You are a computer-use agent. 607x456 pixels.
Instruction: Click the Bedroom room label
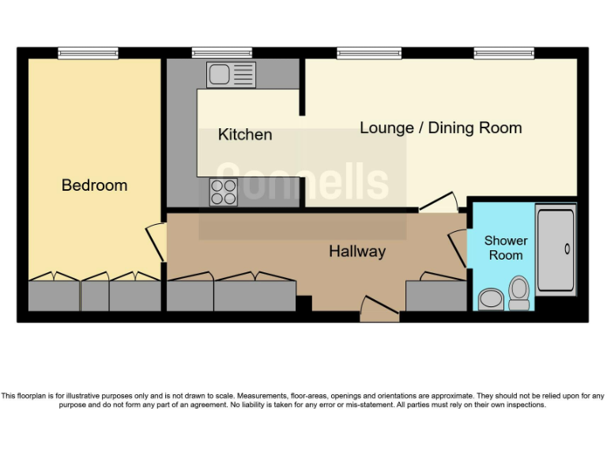pos(94,185)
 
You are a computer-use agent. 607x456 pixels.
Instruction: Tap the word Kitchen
pos(245,135)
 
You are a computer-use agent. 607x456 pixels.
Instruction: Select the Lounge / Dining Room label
pos(440,127)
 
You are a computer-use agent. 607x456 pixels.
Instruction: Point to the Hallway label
pos(357,252)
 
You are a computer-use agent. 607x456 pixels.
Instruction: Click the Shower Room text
pos(506,248)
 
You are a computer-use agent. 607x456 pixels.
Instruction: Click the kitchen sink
pos(231,75)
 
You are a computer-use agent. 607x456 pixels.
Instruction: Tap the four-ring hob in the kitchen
pos(224,192)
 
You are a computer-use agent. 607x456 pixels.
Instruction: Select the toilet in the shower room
pos(519,292)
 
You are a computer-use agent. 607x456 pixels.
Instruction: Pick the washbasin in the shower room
pos(492,298)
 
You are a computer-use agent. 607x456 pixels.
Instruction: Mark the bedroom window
pos(88,53)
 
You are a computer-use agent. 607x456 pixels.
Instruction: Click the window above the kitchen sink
pos(222,53)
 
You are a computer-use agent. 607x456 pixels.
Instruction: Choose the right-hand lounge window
pos(504,53)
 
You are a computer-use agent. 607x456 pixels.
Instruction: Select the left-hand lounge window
pos(368,53)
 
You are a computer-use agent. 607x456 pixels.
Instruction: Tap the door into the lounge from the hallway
pos(439,203)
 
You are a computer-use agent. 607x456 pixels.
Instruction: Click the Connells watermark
pos(303,180)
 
